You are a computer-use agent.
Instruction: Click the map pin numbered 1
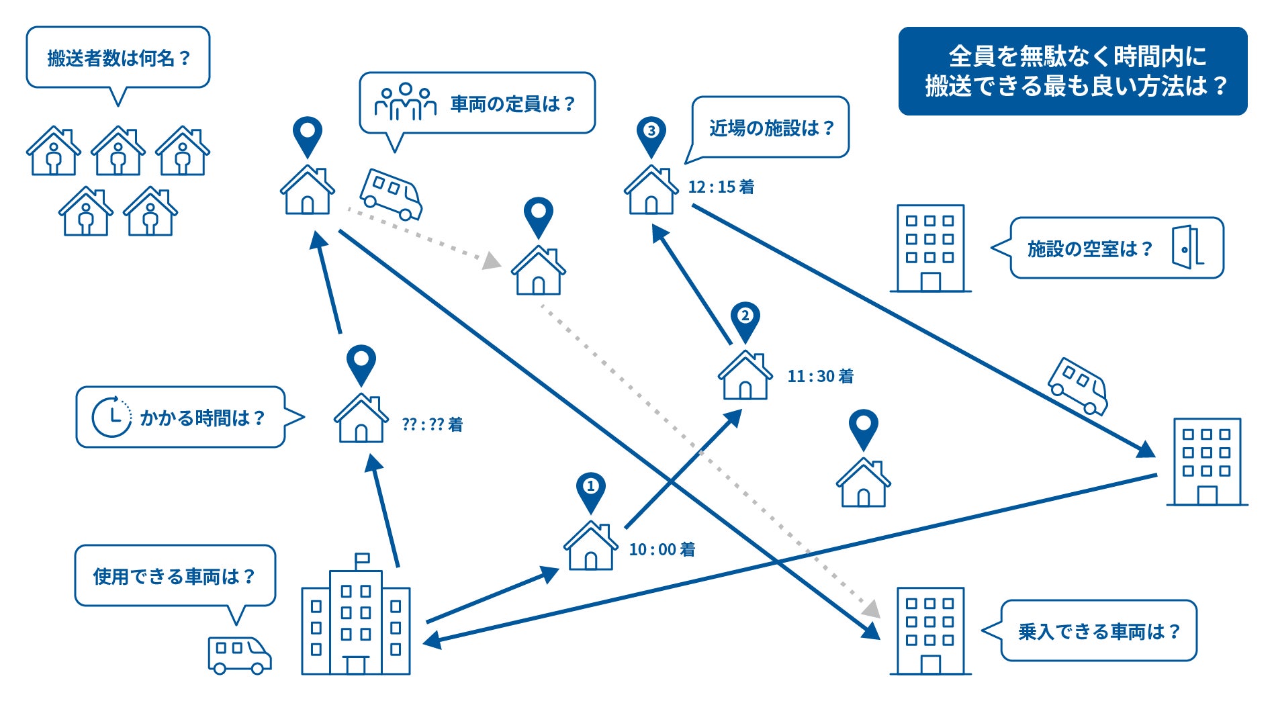591,488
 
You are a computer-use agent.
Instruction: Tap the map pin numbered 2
745,318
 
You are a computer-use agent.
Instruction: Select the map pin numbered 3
651,132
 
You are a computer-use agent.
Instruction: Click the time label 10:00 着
662,550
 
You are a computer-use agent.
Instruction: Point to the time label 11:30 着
820,377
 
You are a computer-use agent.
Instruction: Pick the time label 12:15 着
721,187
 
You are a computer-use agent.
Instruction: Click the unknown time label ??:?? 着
432,425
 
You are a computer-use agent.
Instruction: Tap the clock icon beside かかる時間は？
111,417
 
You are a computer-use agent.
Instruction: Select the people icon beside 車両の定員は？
405,103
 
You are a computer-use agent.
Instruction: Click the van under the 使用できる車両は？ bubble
240,655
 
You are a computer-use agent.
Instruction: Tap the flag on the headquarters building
363,559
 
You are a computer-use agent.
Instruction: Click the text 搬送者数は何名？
118,58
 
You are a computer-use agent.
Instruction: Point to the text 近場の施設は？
771,128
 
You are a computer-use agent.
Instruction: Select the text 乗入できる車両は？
1099,632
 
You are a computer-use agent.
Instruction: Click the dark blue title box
1073,71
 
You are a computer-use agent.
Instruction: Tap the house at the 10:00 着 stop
591,547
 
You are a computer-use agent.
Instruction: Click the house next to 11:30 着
745,376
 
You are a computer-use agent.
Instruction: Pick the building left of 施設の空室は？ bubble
930,248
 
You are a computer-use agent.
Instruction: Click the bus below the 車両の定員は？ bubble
392,194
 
